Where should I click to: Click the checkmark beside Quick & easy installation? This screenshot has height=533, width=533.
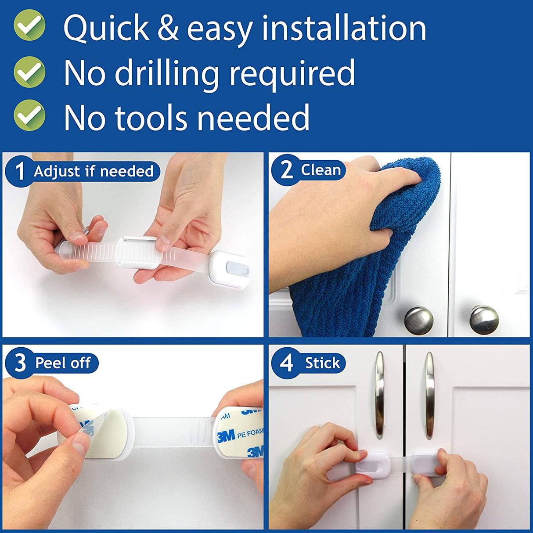pyautogui.click(x=29, y=26)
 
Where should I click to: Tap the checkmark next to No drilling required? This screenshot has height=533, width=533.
pyautogui.click(x=29, y=72)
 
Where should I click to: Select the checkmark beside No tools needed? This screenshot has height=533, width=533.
pyautogui.click(x=29, y=115)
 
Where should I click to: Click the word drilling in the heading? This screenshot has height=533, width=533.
pyautogui.click(x=166, y=73)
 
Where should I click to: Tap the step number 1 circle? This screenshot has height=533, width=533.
pyautogui.click(x=20, y=171)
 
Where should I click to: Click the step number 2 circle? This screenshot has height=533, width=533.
pyautogui.click(x=286, y=170)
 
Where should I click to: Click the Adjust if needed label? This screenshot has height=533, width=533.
pyautogui.click(x=94, y=171)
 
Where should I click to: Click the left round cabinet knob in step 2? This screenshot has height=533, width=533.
pyautogui.click(x=418, y=320)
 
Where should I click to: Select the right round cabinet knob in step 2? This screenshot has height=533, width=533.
pyautogui.click(x=483, y=319)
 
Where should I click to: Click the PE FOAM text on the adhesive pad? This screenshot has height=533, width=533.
pyautogui.click(x=249, y=434)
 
